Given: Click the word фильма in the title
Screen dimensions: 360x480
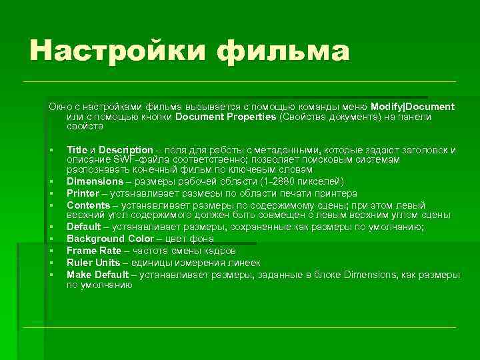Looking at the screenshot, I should click(x=283, y=51).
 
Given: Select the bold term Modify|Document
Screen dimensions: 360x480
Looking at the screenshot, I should click(x=413, y=107).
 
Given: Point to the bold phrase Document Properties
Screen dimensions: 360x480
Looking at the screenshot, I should click(x=225, y=117).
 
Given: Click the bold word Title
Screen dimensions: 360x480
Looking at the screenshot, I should click(x=77, y=150).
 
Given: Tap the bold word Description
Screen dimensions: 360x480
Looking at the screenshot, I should click(x=126, y=150).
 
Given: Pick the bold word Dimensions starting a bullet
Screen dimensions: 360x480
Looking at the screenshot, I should click(x=95, y=181).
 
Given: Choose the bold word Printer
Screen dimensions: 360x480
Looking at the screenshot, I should click(x=83, y=193).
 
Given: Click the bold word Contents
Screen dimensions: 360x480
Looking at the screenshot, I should click(x=87, y=205).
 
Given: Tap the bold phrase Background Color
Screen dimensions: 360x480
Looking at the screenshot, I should click(x=105, y=239).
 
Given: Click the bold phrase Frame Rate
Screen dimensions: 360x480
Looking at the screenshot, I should click(x=93, y=251).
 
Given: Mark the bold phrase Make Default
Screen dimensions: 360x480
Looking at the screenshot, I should click(x=98, y=275).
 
